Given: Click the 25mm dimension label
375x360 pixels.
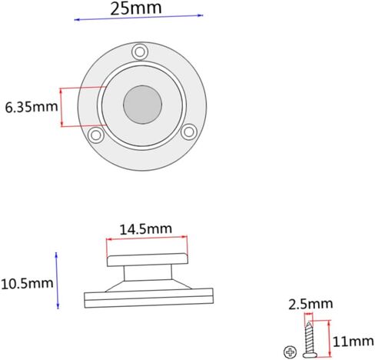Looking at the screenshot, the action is point(136,8).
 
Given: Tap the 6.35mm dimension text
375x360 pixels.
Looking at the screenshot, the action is point(32,107).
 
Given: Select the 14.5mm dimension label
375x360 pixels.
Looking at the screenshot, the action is point(146,229).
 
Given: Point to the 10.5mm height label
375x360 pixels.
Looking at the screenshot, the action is point(27,284).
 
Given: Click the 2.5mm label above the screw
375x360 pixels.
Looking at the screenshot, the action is point(310,304).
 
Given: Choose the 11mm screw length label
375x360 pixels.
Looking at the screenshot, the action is point(353,342).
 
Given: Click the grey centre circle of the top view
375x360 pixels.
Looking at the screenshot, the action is point(142,105).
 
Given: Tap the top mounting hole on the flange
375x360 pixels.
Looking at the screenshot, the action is point(140,52).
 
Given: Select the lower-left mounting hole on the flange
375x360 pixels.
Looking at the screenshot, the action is point(96,135).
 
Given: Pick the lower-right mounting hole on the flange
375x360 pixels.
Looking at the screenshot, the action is point(189,132).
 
